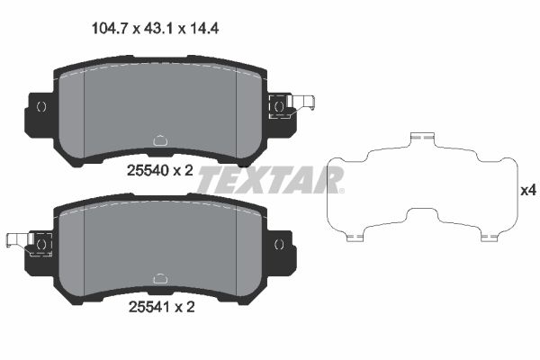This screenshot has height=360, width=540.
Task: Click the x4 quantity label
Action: tap(527, 191)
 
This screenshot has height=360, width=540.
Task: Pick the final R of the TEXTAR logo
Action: tap(329, 180)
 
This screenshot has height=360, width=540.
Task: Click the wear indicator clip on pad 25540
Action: tap(290, 106)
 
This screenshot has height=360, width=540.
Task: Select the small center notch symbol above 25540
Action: tap(159, 140)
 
